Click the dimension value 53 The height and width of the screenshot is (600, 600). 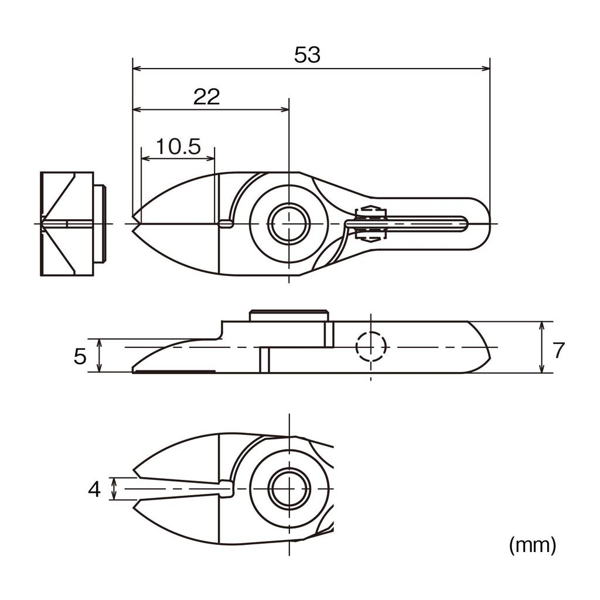(x=308, y=55)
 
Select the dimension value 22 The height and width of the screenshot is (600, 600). (x=206, y=97)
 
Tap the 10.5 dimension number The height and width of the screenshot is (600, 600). (x=178, y=146)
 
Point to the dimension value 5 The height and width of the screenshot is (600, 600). (x=80, y=356)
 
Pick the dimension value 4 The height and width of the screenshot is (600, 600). (x=94, y=489)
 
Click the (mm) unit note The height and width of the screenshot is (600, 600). (x=532, y=546)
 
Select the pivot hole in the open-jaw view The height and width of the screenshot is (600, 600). (x=288, y=489)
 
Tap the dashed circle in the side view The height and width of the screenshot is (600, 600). (x=371, y=347)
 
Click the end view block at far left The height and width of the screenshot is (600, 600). (x=67, y=223)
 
